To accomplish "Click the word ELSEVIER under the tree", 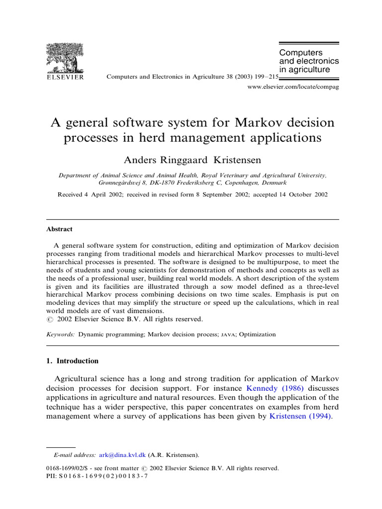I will pos(65,78).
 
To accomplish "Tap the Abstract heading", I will pos(59,229).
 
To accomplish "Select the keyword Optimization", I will pos(257,335).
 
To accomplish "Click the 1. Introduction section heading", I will pos(73,361).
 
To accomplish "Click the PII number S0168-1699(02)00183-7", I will pos(103,476).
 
